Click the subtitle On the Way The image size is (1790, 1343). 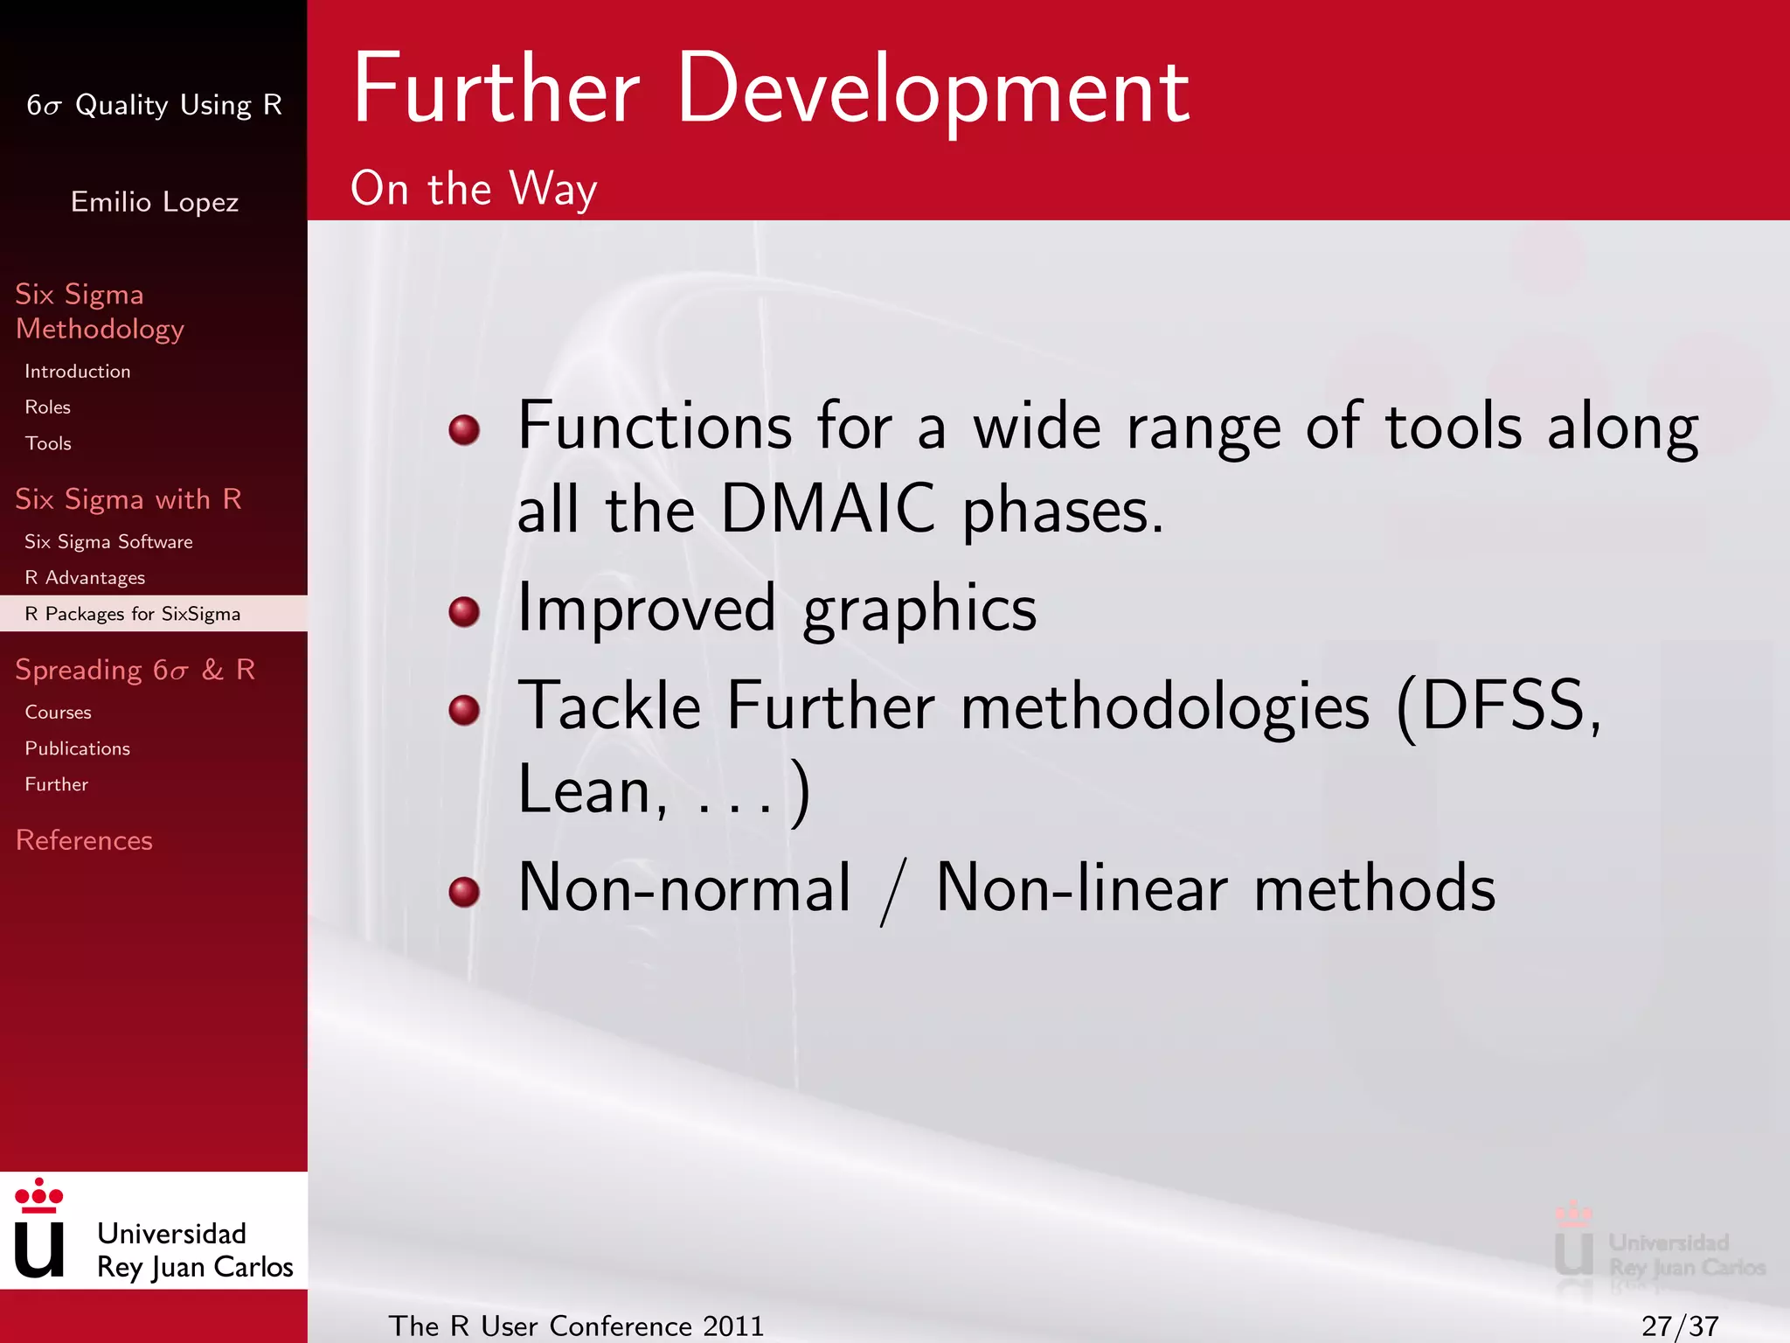click(473, 189)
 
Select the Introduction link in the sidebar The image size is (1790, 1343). click(77, 372)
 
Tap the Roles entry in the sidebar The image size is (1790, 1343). click(47, 407)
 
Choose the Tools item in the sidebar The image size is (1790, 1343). click(48, 443)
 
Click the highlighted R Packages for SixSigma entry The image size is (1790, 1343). click(132, 614)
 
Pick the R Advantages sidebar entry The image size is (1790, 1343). click(85, 578)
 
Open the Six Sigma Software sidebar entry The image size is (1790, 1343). click(108, 542)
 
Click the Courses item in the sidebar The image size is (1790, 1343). click(58, 713)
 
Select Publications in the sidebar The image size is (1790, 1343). click(77, 748)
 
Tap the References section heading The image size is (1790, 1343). click(84, 840)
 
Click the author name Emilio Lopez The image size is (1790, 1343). click(154, 202)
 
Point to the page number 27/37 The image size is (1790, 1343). click(1679, 1326)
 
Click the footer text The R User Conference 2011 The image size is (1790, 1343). click(576, 1326)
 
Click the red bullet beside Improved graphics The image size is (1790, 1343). click(464, 611)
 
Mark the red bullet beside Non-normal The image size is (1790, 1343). click(464, 891)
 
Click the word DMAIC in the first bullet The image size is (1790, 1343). click(827, 509)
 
